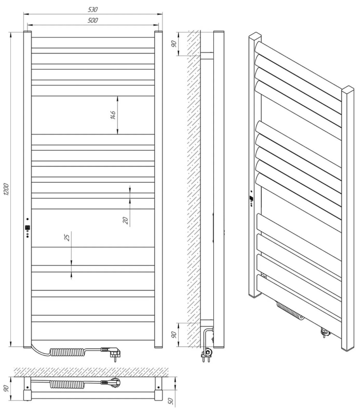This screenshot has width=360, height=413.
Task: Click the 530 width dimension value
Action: point(93,9)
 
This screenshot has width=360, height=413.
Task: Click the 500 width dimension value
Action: point(93,20)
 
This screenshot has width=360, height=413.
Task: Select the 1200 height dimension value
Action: point(6,189)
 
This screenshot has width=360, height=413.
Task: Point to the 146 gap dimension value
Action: point(113,115)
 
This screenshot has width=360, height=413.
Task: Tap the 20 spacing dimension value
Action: point(125,220)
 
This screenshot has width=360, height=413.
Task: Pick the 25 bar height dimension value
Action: point(67,238)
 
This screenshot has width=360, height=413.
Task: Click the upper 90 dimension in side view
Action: point(174,44)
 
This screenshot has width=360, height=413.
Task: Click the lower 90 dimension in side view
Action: point(174,335)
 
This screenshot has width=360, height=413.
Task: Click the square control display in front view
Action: point(27,227)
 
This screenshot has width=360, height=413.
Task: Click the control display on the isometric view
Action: point(252,199)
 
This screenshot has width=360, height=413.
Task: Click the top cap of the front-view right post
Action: point(158,32)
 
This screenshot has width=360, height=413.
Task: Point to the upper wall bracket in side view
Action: point(207,56)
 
